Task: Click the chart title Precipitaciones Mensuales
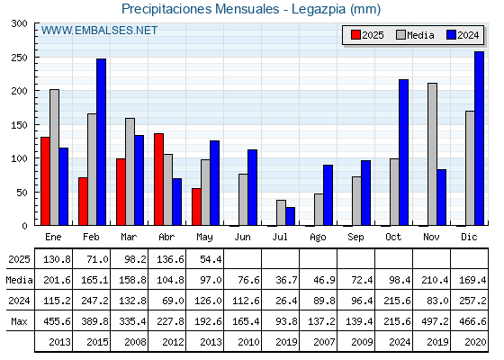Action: [201, 9]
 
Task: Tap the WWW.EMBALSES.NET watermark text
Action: [99, 31]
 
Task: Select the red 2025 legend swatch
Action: [355, 35]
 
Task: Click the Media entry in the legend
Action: [415, 35]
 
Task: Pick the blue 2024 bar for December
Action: [479, 139]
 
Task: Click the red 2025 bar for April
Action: [158, 179]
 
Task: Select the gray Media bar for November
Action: [432, 154]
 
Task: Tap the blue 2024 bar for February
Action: [101, 142]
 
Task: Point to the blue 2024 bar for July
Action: [290, 216]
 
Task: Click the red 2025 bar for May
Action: [196, 207]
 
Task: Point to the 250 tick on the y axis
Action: [19, 58]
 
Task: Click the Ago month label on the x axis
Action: [318, 238]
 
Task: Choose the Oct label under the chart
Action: [393, 238]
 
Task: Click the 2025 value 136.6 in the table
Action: [170, 259]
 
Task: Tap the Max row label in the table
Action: [19, 321]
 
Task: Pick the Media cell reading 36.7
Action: [286, 280]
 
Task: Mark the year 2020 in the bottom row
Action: [475, 342]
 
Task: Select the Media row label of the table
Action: [19, 280]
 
